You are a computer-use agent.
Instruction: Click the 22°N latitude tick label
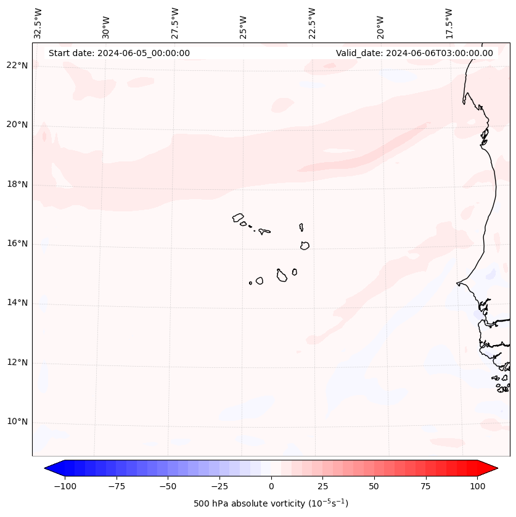pyautogui.click(x=17, y=65)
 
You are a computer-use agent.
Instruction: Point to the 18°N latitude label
pyautogui.click(x=17, y=184)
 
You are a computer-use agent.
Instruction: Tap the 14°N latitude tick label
pyautogui.click(x=17, y=303)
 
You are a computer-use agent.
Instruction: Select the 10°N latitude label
pyautogui.click(x=17, y=421)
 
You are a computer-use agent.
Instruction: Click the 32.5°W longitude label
pyautogui.click(x=38, y=23)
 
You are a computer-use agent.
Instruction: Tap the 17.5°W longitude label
pyautogui.click(x=449, y=23)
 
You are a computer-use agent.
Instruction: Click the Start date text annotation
pyautogui.click(x=119, y=53)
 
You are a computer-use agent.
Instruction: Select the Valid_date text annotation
pyautogui.click(x=414, y=53)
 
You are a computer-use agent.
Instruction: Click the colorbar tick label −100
pyautogui.click(x=65, y=486)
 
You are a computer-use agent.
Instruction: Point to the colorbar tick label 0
pyautogui.click(x=271, y=486)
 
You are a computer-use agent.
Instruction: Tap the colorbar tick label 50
pyautogui.click(x=374, y=486)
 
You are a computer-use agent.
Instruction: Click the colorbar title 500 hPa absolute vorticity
pyautogui.click(x=271, y=503)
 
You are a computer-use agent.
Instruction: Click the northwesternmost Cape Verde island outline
pyautogui.click(x=238, y=218)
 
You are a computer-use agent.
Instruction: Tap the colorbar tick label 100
pyautogui.click(x=477, y=486)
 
